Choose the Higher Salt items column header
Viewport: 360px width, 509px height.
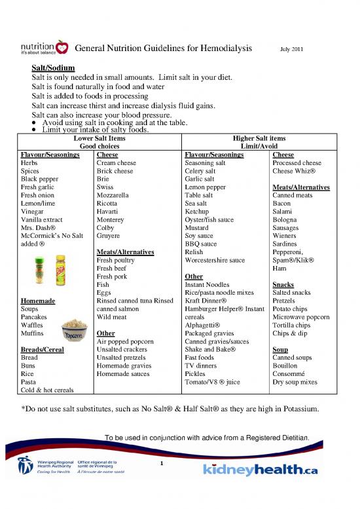tap(259, 139)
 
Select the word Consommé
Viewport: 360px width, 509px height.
tap(290, 373)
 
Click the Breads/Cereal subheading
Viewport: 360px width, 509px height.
tap(43, 349)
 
